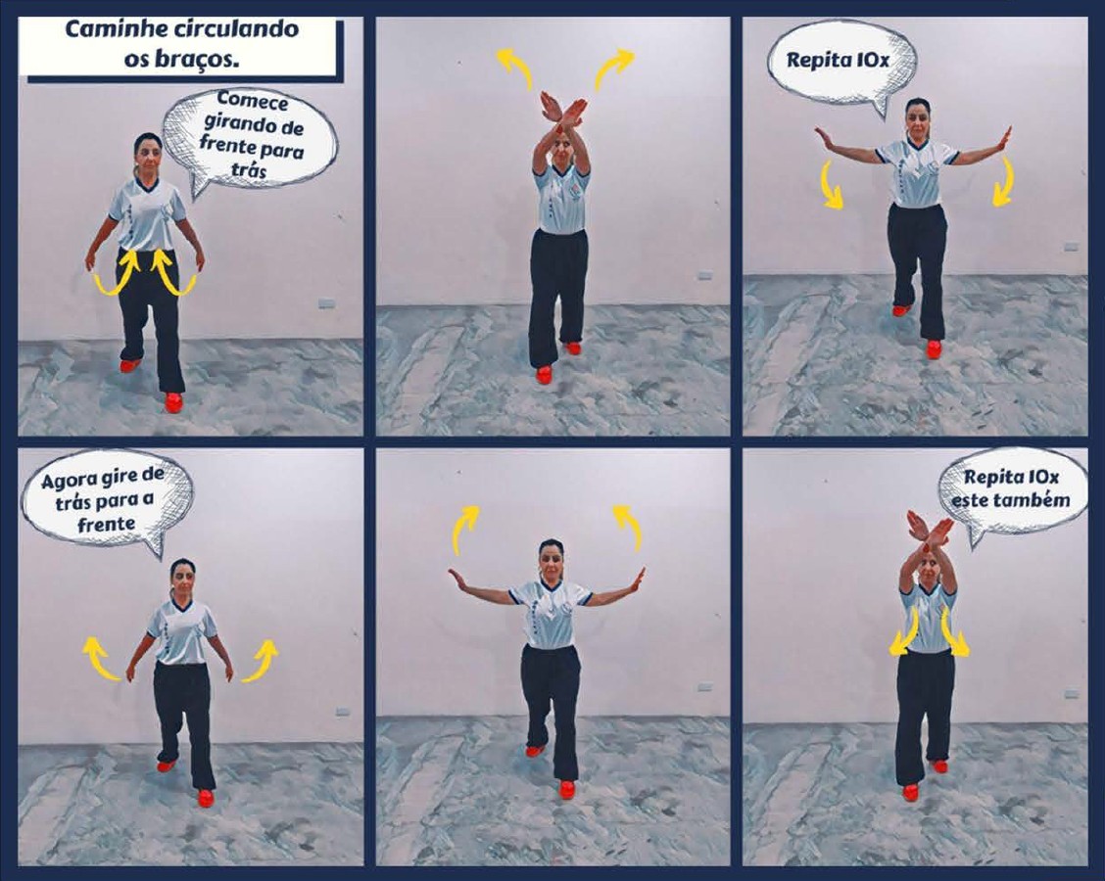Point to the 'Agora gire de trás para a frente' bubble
point(106,501)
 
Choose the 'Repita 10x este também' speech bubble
point(1011,493)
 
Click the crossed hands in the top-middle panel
point(561,113)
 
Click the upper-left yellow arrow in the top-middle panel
point(516,69)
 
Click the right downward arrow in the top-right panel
point(1003,182)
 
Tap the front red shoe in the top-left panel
point(173,402)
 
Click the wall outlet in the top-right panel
point(1071,248)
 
